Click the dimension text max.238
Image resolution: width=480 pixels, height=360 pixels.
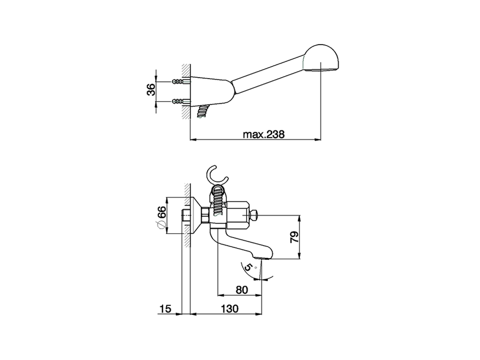pyautogui.click(x=264, y=134)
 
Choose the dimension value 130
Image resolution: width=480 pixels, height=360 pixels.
pyautogui.click(x=229, y=309)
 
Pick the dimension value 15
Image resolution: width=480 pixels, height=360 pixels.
pyautogui.click(x=165, y=309)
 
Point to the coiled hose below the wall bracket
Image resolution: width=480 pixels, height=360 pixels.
pyautogui.click(x=201, y=112)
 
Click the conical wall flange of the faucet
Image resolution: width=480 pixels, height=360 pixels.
pyautogui.click(x=196, y=216)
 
